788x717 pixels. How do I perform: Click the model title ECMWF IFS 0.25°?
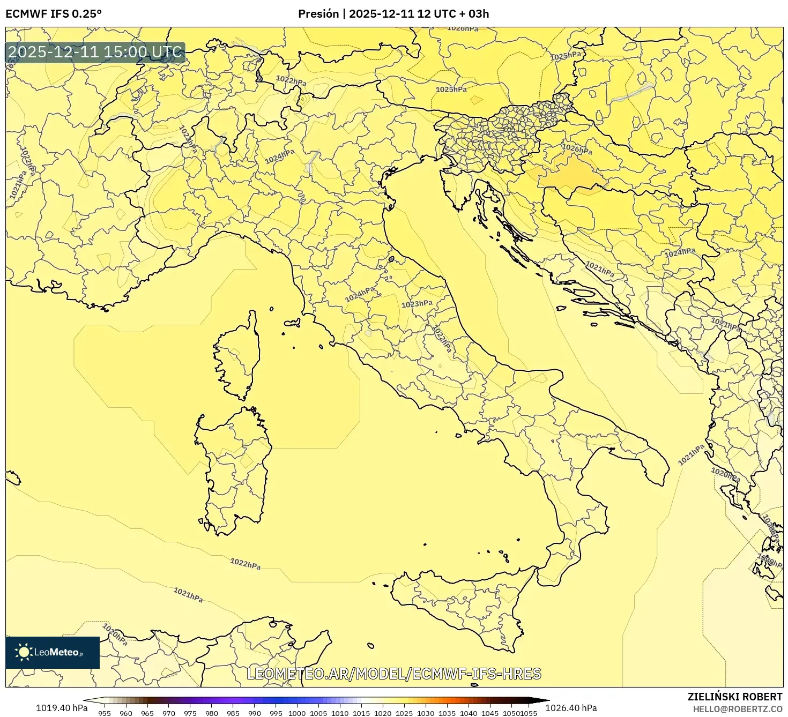(x=53, y=14)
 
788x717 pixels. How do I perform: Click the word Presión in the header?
(x=318, y=14)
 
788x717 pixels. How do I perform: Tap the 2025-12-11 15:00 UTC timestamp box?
(x=95, y=53)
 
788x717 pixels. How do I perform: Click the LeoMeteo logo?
(x=53, y=652)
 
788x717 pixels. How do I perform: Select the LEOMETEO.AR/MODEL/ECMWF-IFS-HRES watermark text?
(x=394, y=674)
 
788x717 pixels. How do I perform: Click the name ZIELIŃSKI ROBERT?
(x=734, y=697)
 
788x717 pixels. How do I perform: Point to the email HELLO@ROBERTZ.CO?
(x=737, y=709)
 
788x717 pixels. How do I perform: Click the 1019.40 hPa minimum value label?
(x=62, y=708)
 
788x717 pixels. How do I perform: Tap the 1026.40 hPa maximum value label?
(x=571, y=708)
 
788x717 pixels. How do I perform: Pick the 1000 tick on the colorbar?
(x=297, y=713)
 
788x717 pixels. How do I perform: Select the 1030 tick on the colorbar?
(x=426, y=713)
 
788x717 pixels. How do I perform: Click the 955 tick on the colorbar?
(x=105, y=713)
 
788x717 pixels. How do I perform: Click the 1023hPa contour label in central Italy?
(x=417, y=304)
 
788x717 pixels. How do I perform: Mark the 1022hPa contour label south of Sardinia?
(x=245, y=564)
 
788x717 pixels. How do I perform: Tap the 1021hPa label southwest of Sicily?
(x=188, y=595)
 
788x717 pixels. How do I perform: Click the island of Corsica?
(x=239, y=359)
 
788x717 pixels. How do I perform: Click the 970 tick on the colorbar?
(x=169, y=713)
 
